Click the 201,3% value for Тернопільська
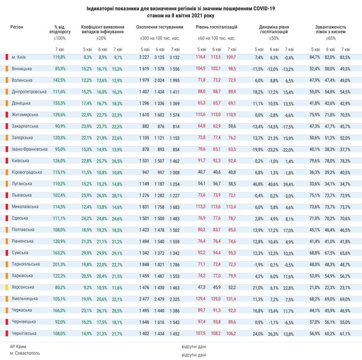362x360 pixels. (59, 264)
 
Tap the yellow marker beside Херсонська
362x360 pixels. (6, 287)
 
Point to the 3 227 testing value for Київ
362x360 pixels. (144, 57)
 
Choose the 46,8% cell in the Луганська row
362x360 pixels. (258, 184)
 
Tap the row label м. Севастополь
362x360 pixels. (25, 353)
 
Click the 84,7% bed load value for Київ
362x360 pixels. (315, 57)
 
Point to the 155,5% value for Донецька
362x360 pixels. (59, 103)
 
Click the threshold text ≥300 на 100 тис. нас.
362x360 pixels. (159, 38)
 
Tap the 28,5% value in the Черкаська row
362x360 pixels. (117, 310)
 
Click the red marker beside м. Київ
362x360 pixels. (6, 57)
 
